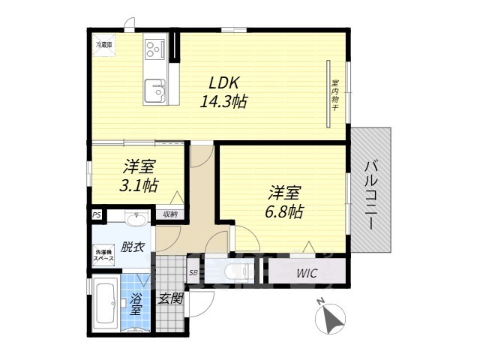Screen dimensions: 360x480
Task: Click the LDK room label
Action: click(223, 83)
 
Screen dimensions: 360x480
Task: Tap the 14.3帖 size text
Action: click(223, 102)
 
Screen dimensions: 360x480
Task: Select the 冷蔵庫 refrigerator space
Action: click(103, 45)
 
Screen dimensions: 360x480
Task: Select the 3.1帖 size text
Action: click(140, 184)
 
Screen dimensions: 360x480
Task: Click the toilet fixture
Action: click(235, 271)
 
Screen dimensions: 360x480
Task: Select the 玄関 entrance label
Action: click(170, 298)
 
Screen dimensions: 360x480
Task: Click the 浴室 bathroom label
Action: click(136, 302)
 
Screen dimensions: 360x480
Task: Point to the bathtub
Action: click(103, 304)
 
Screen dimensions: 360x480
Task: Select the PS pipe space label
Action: click(96, 214)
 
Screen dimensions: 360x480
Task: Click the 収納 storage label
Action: click(170, 214)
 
